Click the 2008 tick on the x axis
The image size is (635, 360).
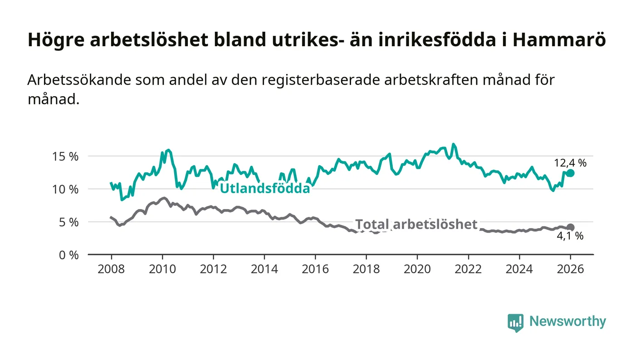[x=111, y=268]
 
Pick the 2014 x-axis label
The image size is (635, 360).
[x=264, y=268]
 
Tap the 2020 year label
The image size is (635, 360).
[x=417, y=268]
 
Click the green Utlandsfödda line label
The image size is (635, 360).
[x=265, y=189]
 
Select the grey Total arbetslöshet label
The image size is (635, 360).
[x=416, y=224]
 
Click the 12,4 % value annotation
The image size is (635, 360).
[x=570, y=163]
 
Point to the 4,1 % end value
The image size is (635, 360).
[x=570, y=236]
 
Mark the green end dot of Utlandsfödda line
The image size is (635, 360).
[x=570, y=173]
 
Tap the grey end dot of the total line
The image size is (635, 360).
[x=570, y=227]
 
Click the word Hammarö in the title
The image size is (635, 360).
[x=560, y=40]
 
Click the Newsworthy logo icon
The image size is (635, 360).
[x=515, y=322]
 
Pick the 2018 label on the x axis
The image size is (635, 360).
[x=366, y=268]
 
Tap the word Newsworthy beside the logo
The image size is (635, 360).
[x=568, y=321]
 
